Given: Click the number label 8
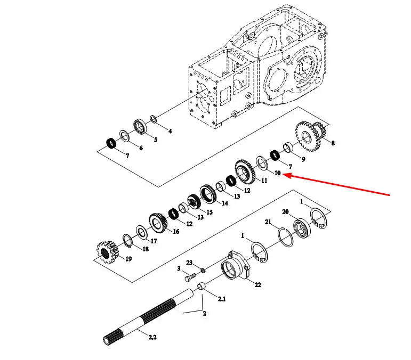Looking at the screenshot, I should click(333, 143).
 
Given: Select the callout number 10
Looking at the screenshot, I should click(277, 173).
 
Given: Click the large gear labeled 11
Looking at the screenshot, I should click(244, 171).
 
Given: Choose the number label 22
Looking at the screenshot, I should click(257, 285).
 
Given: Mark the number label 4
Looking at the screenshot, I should click(170, 130).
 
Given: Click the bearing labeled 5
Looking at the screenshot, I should click(142, 128).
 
